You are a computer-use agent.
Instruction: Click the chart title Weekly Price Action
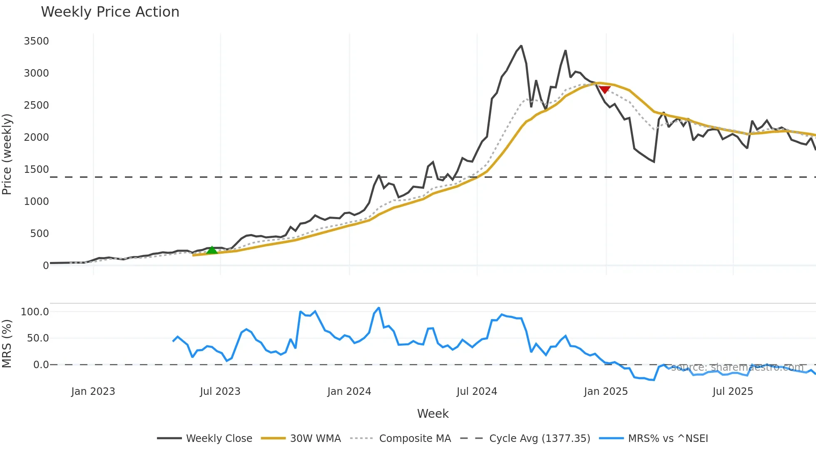(110, 12)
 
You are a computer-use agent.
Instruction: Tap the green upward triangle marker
(212, 250)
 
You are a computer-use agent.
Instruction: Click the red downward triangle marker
(605, 90)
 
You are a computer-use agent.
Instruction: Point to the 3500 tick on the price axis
(37, 41)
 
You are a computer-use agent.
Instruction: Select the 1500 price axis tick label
(37, 170)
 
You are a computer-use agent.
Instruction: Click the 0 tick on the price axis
(46, 266)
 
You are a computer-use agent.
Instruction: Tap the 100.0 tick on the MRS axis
(35, 312)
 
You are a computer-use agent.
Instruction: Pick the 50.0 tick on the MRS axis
(38, 338)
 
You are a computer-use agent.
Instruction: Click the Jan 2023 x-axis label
(93, 392)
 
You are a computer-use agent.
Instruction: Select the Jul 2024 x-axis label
(477, 392)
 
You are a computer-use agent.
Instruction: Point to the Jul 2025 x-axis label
(733, 392)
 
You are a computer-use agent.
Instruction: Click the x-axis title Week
(433, 414)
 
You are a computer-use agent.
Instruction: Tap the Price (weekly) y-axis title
(7, 154)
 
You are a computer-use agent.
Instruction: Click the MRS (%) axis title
(7, 344)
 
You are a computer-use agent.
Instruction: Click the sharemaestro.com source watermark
(737, 367)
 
